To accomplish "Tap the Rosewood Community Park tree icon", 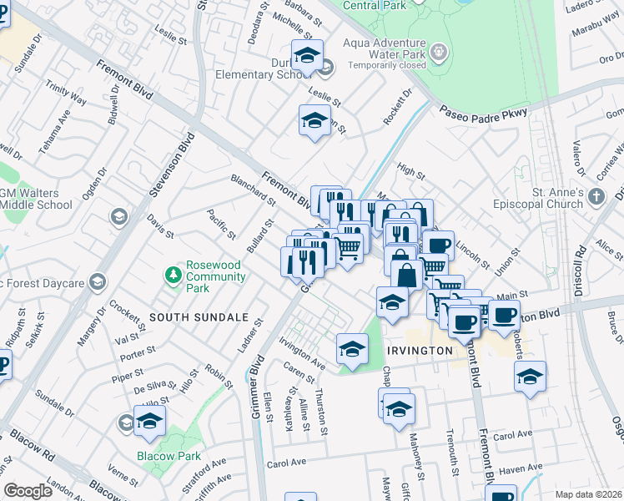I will tap(173, 274).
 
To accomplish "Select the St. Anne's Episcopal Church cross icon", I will tap(595, 197).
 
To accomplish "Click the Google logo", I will tap(28, 491).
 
